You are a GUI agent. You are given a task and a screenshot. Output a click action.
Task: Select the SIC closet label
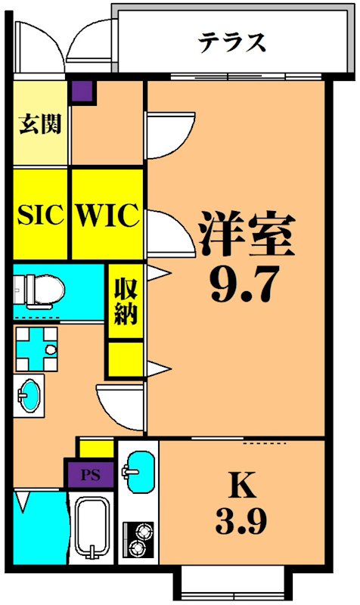(x=41, y=216)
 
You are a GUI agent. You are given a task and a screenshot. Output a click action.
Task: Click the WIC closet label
(x=107, y=216)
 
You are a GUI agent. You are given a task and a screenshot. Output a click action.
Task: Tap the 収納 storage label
(x=126, y=301)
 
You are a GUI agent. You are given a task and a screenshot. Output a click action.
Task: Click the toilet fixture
(x=38, y=287)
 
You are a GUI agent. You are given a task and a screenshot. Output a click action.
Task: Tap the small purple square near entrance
(x=82, y=92)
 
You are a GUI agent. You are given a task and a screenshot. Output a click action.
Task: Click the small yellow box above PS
(x=95, y=448)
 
